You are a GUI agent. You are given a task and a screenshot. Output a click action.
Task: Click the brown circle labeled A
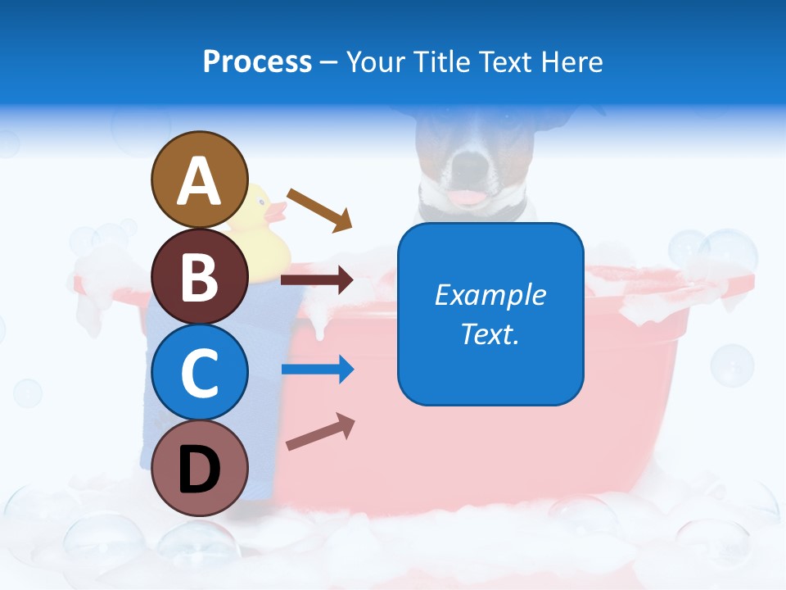(x=200, y=179)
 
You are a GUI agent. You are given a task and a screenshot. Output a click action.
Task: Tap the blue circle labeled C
(x=200, y=372)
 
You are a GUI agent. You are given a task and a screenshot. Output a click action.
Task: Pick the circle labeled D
(x=200, y=468)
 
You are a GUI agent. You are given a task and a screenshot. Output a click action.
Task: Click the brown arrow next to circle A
(x=319, y=209)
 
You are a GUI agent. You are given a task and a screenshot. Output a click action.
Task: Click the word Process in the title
(x=257, y=61)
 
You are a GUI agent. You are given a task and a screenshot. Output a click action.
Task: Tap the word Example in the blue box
(x=490, y=294)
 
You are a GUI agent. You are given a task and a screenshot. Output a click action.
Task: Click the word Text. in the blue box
(x=490, y=334)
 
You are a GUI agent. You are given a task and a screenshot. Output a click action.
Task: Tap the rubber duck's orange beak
(x=278, y=213)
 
